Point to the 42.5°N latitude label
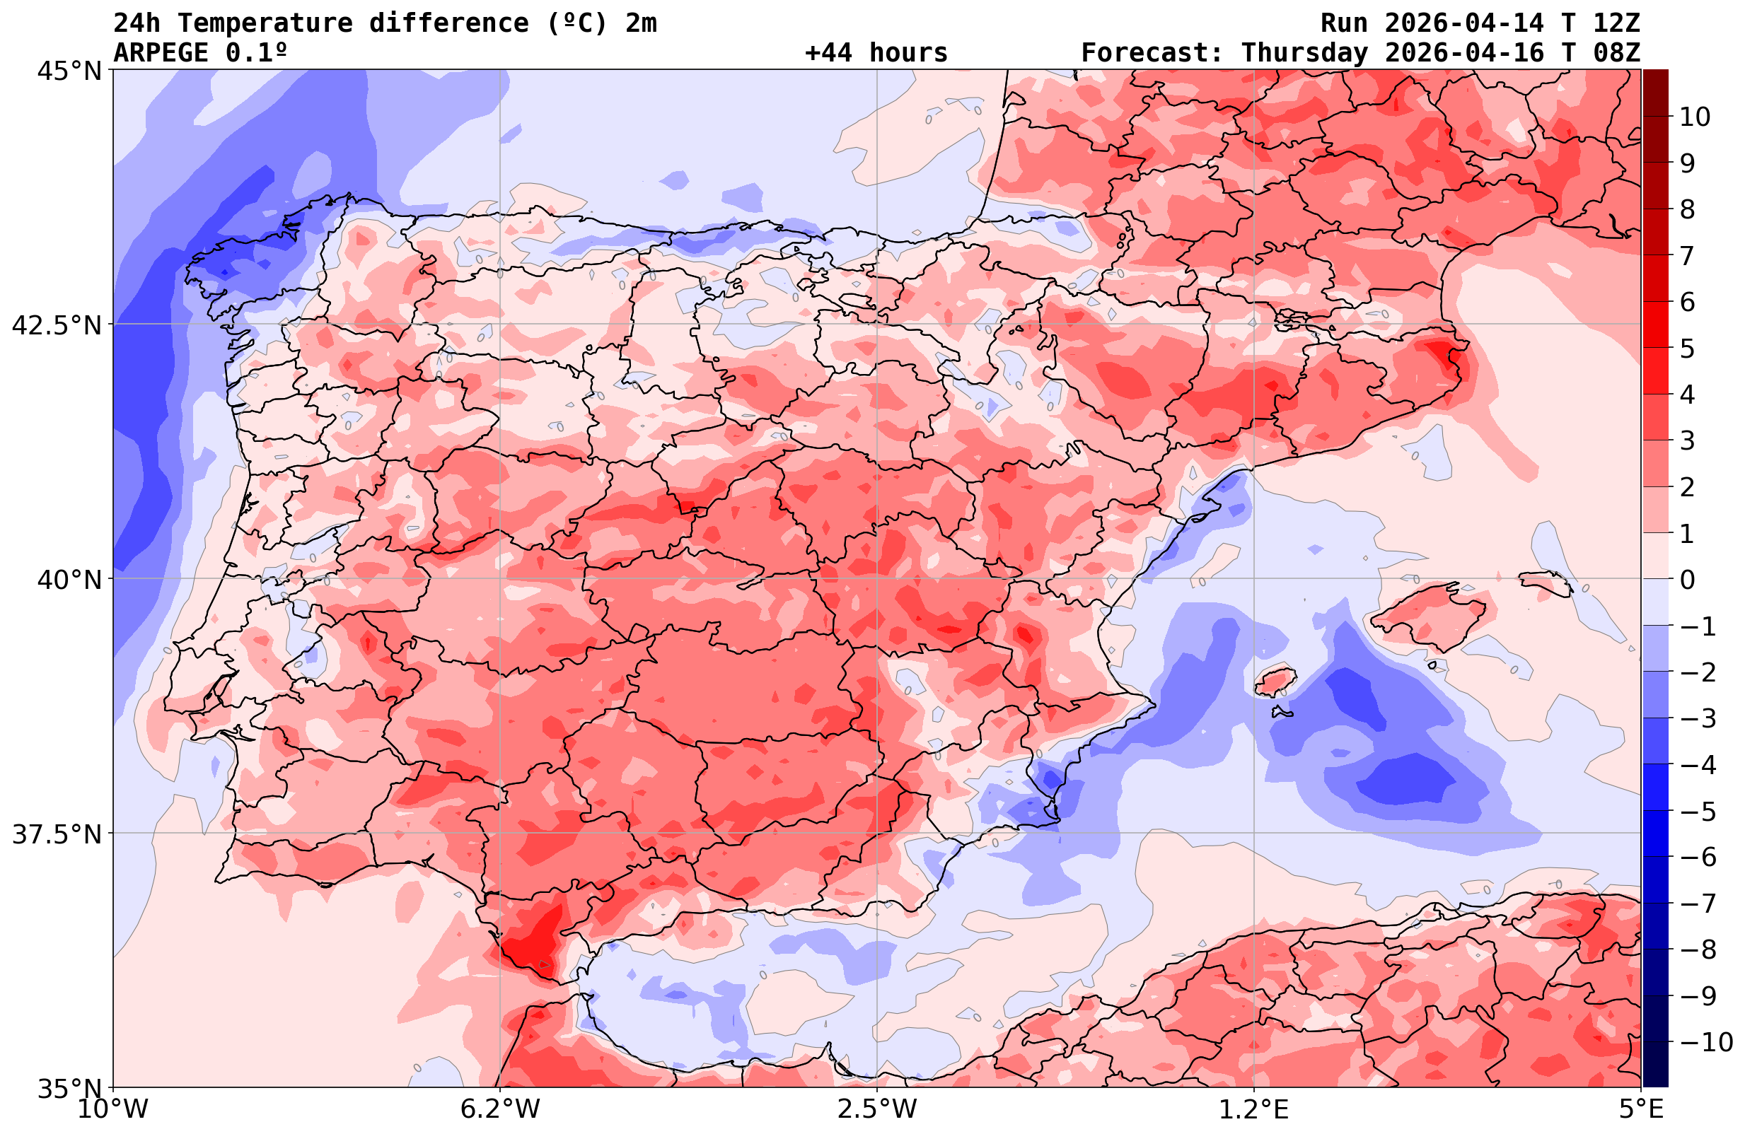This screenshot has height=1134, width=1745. tap(56, 325)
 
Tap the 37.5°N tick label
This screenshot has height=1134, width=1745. tap(56, 834)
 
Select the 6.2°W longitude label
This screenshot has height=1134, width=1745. tap(500, 1109)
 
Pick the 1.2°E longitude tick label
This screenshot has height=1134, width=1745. tap(1254, 1109)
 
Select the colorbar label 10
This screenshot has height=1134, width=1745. tap(1695, 117)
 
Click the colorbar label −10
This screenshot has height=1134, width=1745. tap(1705, 1041)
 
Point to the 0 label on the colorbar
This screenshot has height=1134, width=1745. tap(1687, 580)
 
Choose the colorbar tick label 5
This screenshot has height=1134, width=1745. tap(1687, 349)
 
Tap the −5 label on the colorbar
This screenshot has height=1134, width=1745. tap(1697, 811)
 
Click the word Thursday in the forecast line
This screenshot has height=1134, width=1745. tap(1304, 53)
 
